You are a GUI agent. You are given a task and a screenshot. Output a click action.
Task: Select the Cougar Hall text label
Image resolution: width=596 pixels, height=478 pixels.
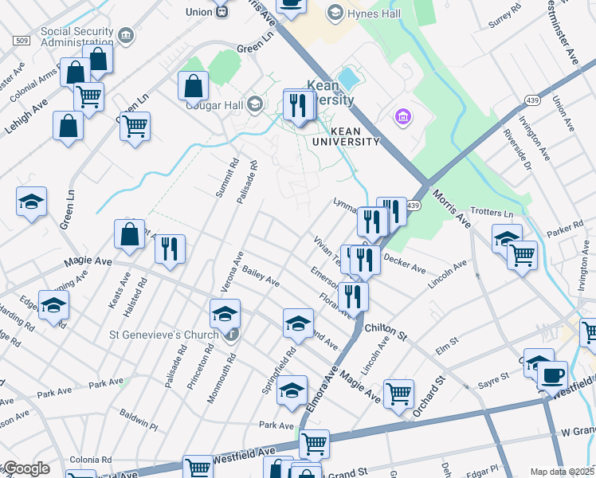(x=214, y=104)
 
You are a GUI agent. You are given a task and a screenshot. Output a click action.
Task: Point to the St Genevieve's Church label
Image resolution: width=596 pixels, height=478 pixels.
(x=164, y=335)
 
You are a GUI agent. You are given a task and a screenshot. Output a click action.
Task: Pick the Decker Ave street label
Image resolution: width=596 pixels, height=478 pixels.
(x=405, y=263)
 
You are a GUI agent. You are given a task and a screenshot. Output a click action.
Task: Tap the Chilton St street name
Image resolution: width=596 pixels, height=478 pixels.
(x=386, y=327)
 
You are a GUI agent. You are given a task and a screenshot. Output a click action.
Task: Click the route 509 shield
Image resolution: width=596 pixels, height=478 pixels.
(x=22, y=40)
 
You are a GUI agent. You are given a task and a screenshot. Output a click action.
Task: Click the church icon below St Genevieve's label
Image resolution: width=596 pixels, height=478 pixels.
(x=231, y=334)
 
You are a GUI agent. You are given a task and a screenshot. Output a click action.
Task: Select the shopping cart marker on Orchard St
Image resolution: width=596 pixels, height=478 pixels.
(x=398, y=394)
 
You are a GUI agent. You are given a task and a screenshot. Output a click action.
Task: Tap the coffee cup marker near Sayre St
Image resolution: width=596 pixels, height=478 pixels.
(x=551, y=374)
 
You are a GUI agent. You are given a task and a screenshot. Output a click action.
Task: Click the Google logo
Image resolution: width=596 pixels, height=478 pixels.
(x=25, y=469)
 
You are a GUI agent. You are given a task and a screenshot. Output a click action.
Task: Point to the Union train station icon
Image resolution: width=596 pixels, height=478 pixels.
(x=222, y=12)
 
